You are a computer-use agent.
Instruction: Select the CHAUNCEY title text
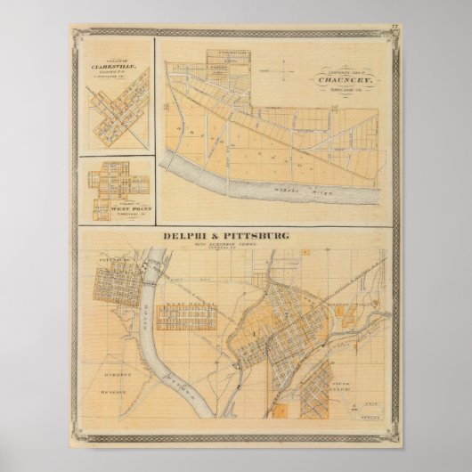[x=348, y=77]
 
